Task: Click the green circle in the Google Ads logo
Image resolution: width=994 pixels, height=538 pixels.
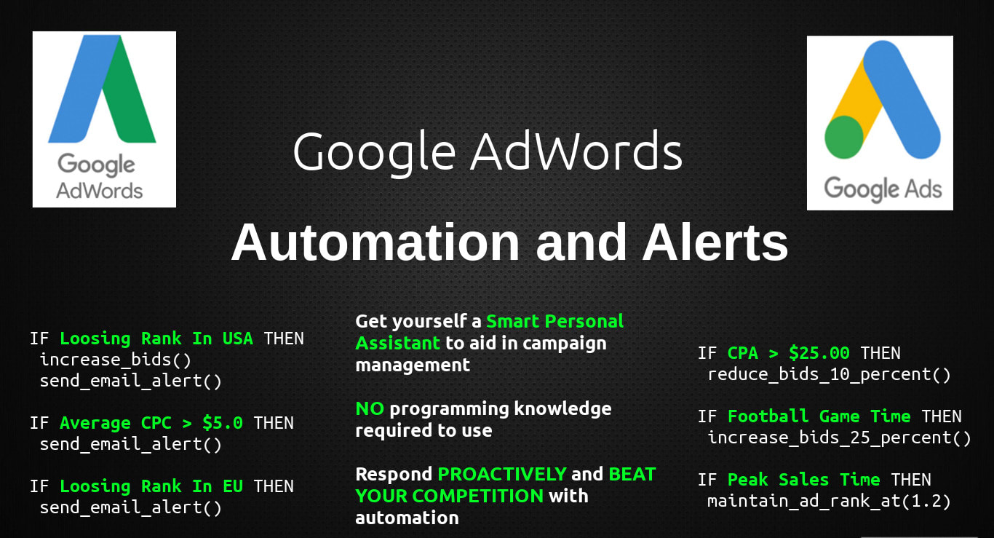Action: [x=844, y=137]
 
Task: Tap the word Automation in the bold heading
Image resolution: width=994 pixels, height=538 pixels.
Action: [x=375, y=243]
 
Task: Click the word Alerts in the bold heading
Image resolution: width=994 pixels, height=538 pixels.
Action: [x=715, y=243]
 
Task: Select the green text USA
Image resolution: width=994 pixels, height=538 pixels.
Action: [x=237, y=339]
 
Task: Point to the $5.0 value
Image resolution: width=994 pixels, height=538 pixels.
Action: [x=223, y=423]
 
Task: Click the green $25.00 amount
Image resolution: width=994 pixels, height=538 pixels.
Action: [x=819, y=353]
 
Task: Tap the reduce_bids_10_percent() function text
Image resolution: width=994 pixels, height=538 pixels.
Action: [x=829, y=375]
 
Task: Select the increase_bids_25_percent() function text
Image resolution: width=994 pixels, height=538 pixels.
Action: [x=839, y=438]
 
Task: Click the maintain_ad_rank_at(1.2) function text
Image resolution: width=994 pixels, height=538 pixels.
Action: [x=829, y=502]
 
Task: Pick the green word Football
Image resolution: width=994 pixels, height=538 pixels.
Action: [x=768, y=417]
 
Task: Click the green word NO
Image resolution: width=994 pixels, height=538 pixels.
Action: [x=370, y=409]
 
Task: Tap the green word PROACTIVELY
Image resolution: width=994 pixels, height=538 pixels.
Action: [x=502, y=475]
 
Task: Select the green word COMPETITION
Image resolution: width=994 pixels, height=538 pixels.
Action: [x=477, y=497]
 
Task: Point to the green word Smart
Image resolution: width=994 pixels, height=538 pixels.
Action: [x=513, y=321]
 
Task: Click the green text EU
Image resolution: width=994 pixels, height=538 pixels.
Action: [x=233, y=486]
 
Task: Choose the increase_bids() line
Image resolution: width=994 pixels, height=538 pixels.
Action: [x=116, y=360]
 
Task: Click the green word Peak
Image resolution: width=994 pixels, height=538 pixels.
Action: [x=748, y=480]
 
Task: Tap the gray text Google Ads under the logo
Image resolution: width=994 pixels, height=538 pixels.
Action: [x=883, y=189]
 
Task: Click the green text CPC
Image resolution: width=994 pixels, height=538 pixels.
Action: [x=156, y=423]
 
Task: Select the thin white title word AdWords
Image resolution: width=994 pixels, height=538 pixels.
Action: [x=576, y=151]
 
